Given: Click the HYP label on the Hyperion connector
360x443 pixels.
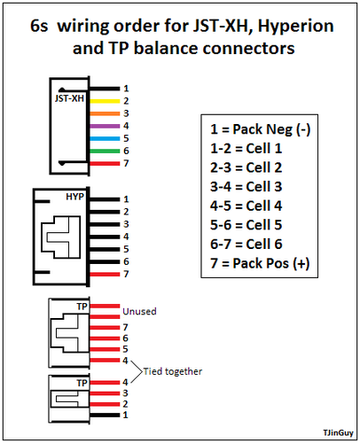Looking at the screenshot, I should pos(75,197).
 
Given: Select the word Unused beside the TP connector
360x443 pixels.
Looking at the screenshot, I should pos(140,312).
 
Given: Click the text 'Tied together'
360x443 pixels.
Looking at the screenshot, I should pos(174,370).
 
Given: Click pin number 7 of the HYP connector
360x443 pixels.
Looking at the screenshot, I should pos(126,274).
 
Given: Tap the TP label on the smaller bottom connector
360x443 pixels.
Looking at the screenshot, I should pos(82,383).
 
